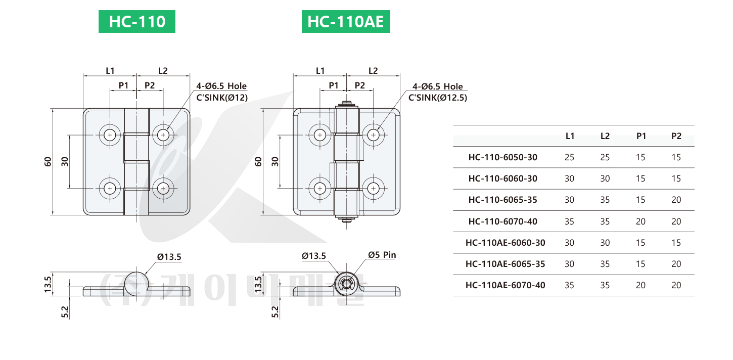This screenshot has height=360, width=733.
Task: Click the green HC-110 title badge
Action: pos(136,22)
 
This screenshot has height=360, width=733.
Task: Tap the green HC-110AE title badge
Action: pos(346,22)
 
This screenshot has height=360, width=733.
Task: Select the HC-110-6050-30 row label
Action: pos(502,157)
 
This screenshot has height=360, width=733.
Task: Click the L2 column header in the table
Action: pos(605,136)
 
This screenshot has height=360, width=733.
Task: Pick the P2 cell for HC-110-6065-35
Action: pos(676,200)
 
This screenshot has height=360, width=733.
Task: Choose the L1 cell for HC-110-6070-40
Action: pos(569,221)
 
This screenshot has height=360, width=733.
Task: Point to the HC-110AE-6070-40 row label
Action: pos(505,285)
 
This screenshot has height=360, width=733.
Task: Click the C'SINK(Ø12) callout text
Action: pos(222,98)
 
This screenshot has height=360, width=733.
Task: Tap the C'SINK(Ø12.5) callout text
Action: pos(438,98)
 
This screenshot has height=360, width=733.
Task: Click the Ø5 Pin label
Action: pos(382,255)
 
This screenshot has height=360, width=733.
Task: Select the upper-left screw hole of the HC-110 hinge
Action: pos(110,135)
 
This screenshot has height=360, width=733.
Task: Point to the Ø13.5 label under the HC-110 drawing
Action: pos(169,257)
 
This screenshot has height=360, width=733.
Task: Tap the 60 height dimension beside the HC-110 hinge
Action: pos(48,162)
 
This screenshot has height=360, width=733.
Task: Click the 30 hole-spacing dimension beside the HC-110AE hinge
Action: pos(274,162)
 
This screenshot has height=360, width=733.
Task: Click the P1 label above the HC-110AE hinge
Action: pos(334,85)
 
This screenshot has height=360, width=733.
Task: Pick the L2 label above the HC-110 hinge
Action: pos(163,71)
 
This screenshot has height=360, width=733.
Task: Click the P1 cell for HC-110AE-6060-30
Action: pos(640,243)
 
